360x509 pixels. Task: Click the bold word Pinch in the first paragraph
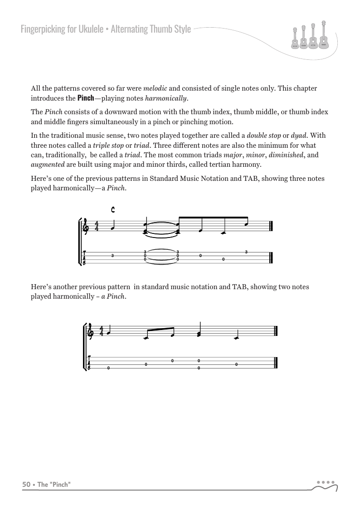(86, 98)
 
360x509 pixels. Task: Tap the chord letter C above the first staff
(113, 209)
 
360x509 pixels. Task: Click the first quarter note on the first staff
(112, 227)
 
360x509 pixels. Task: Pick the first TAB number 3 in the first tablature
(112, 256)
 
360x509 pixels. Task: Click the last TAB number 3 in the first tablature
(246, 252)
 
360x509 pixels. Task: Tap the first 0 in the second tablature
(108, 368)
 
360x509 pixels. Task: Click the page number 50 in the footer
(26, 485)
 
